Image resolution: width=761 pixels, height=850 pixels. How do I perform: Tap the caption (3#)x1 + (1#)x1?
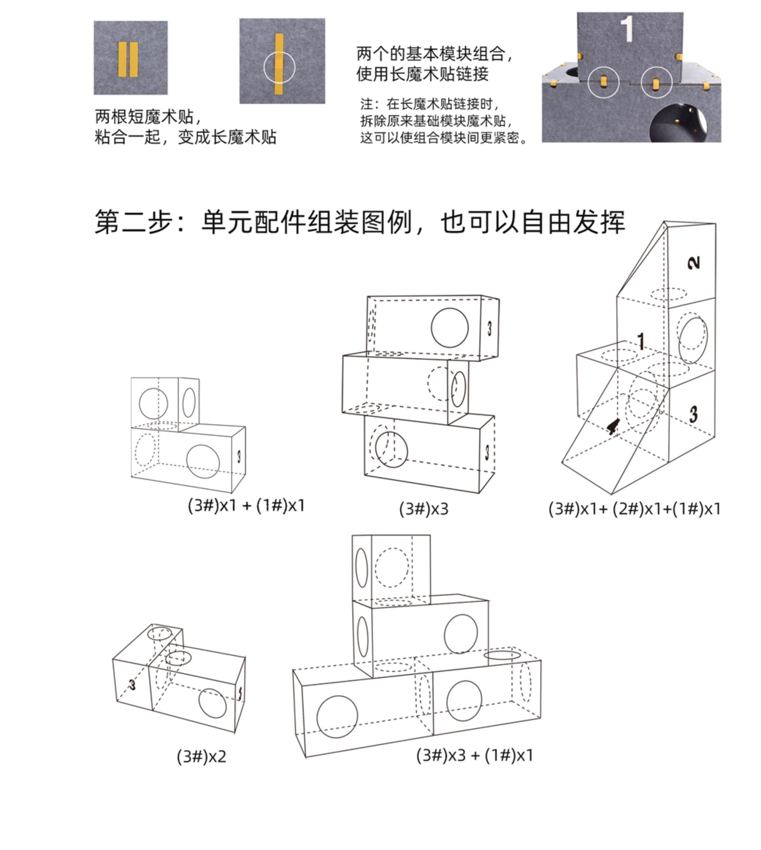(246, 505)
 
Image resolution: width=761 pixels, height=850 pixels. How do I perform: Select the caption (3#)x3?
(423, 509)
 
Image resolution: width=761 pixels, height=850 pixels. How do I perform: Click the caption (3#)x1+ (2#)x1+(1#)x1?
(634, 509)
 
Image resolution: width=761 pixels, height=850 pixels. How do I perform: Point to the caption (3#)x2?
(202, 756)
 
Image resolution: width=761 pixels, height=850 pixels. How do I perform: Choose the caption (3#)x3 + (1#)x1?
(475, 755)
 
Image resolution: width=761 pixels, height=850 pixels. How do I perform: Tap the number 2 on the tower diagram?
(693, 263)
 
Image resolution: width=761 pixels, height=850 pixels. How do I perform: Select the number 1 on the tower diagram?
(641, 341)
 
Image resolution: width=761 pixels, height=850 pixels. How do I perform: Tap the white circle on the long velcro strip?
(279, 67)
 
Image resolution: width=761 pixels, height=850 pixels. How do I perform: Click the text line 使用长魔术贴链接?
(422, 74)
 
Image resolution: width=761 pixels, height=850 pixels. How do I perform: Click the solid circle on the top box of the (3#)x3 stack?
(450, 328)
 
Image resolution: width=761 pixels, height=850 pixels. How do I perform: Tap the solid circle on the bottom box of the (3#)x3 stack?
(391, 450)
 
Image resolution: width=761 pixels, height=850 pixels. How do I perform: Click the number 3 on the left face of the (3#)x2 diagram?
(132, 685)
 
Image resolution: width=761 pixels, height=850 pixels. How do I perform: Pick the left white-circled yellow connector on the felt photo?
(603, 82)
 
